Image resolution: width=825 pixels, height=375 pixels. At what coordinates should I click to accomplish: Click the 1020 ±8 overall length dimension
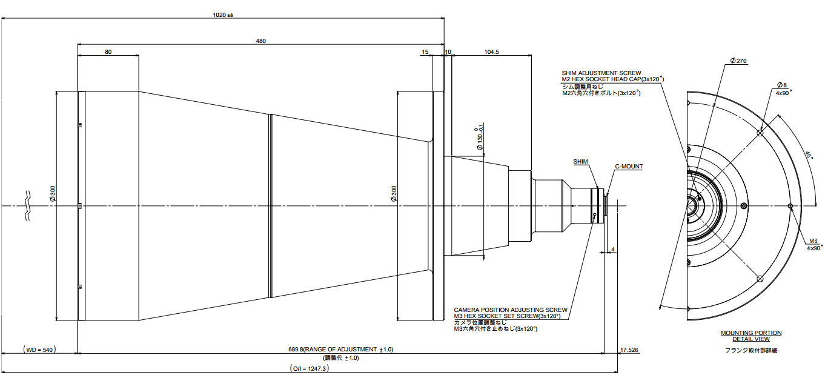click(223, 15)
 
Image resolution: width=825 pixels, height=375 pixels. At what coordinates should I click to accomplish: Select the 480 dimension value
click(261, 41)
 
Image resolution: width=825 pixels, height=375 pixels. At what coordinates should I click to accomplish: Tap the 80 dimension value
click(108, 52)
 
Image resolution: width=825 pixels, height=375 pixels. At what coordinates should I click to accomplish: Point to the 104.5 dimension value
click(492, 52)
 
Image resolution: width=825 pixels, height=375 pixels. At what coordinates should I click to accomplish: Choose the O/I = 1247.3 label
click(310, 368)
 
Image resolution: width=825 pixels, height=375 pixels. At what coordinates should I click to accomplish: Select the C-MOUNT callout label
click(628, 166)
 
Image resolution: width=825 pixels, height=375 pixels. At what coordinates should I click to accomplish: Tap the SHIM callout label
click(581, 162)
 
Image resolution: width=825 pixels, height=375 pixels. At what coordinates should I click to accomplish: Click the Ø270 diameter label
click(739, 61)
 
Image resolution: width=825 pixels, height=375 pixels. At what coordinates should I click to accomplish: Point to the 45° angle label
click(807, 154)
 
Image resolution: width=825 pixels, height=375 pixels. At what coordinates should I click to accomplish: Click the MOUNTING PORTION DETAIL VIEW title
click(750, 336)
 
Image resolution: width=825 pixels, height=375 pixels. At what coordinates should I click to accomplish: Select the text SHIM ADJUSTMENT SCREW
click(601, 73)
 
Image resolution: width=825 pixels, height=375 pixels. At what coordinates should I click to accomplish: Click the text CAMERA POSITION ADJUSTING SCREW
click(510, 310)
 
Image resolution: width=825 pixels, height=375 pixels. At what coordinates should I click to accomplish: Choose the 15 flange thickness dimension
click(425, 52)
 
